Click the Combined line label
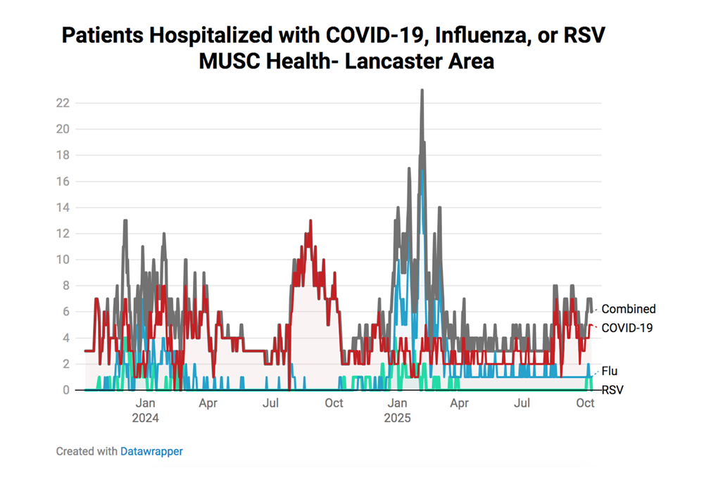[x=628, y=309]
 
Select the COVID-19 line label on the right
[x=627, y=327]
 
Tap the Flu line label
[x=610, y=371]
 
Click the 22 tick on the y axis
[x=63, y=103]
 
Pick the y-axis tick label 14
[x=63, y=207]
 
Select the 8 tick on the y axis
[x=65, y=286]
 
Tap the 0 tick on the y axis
[x=65, y=390]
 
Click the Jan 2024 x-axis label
[x=145, y=410]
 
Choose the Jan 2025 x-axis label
[x=397, y=410]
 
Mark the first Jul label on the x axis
[x=270, y=403]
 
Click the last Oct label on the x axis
[x=585, y=403]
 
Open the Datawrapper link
[x=151, y=451]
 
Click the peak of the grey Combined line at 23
[x=422, y=91]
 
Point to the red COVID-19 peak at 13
[x=310, y=221]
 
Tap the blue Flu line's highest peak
[x=422, y=170]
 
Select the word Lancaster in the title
[x=383, y=61]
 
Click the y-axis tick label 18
[x=63, y=155]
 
